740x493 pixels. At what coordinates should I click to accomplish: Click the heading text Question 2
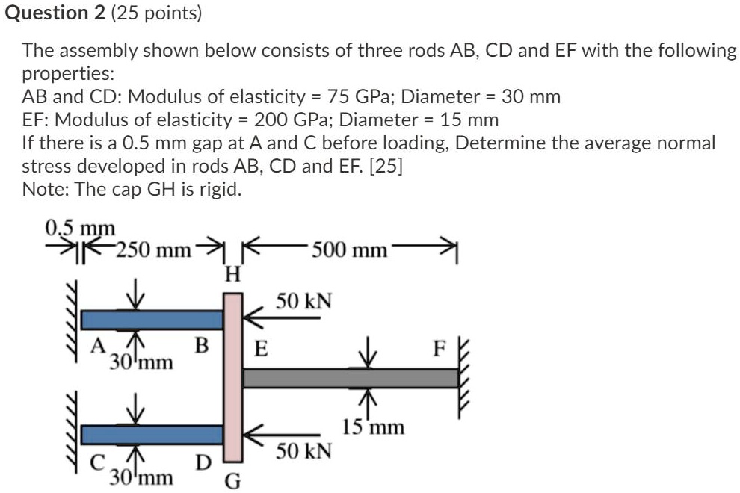[x=55, y=13]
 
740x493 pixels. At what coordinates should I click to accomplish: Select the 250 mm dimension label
[x=156, y=249]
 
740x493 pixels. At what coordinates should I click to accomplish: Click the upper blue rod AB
[x=152, y=320]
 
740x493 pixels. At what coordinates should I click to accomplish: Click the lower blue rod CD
[x=152, y=434]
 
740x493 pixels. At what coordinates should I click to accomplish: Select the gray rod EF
[x=350, y=378]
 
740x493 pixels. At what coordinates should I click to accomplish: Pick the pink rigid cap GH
[x=233, y=376]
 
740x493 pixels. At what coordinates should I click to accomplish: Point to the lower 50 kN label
[x=303, y=452]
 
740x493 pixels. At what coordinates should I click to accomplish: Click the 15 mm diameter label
[x=373, y=427]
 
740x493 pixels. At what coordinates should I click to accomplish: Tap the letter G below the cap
[x=233, y=480]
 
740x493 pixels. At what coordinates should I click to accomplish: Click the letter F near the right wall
[x=441, y=349]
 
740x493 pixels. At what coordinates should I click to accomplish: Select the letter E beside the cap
[x=262, y=349]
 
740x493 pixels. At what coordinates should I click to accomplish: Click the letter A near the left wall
[x=96, y=346]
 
